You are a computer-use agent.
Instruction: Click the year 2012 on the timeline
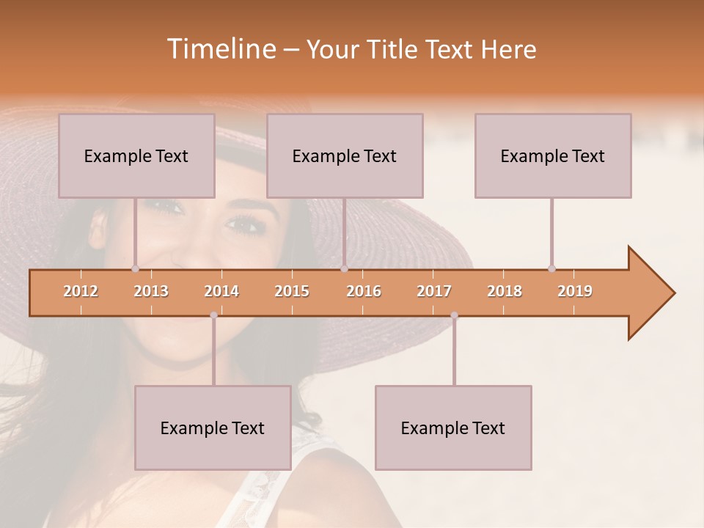[81, 291]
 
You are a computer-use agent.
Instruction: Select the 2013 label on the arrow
[151, 291]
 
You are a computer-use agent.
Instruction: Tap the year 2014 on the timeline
[221, 291]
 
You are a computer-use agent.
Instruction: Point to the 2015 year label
[292, 291]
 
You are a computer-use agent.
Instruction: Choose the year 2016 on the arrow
[364, 291]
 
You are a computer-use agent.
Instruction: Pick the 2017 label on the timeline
[434, 291]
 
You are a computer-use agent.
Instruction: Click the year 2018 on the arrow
[505, 291]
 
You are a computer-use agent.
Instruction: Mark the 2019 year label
[575, 291]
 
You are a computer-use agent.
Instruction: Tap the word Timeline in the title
[220, 49]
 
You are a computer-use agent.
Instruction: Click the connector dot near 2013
[135, 268]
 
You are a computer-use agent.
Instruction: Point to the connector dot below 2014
[213, 315]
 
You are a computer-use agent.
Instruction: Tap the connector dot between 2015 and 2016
[344, 268]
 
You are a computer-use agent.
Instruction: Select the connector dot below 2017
[454, 315]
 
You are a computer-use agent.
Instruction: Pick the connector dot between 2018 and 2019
[551, 268]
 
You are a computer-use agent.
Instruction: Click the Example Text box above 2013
[136, 155]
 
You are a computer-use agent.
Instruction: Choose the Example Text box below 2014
[213, 428]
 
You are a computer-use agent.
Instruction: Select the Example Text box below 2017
[453, 428]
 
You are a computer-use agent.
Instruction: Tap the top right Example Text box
[553, 155]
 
